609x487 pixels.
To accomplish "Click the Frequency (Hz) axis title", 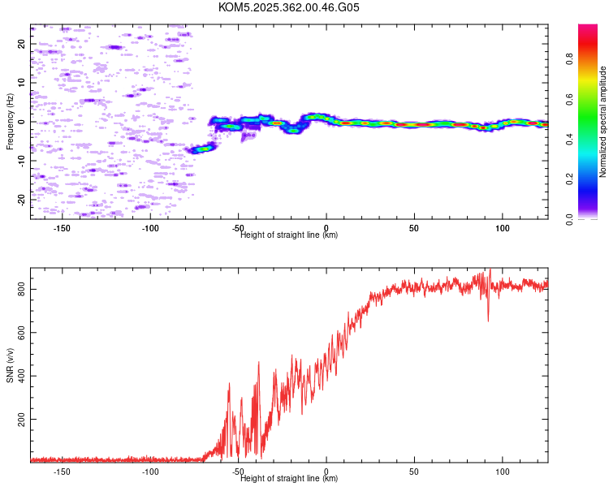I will coord(10,122).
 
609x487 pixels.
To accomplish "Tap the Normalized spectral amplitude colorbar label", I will coord(603,122).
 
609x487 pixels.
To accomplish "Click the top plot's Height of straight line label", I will coord(289,235).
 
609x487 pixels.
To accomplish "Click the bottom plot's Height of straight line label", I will coord(289,478).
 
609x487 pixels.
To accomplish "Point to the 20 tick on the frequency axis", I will coord(22,44).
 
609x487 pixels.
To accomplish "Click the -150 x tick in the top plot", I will coord(63,228).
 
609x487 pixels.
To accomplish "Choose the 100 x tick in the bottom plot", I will coord(503,472).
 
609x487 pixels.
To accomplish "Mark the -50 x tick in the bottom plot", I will coord(238,472).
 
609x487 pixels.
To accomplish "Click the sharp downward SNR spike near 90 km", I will coord(488,318).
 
